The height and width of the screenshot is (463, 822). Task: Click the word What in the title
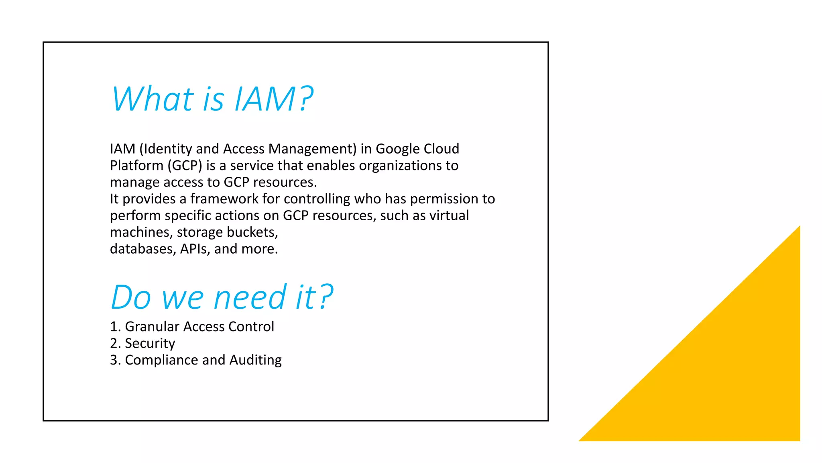coord(153,99)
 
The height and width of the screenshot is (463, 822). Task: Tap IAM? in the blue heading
coord(274,99)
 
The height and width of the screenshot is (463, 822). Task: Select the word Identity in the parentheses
coord(168,149)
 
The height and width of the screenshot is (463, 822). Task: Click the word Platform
coord(136,166)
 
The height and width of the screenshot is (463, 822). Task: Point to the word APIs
coord(195,249)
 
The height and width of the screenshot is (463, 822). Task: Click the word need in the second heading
coord(250,298)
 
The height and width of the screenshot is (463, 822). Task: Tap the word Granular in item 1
coord(152,327)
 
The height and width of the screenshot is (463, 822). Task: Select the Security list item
coord(150,344)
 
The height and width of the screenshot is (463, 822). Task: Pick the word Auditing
coord(255,360)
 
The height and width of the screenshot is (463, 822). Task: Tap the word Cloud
coord(442,149)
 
